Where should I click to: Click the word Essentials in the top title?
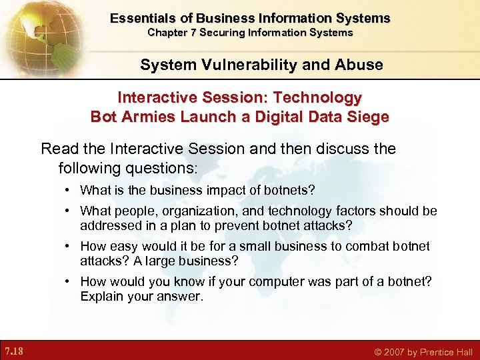pos(138,18)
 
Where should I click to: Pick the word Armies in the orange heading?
pos(143,116)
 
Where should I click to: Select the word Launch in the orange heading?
pos(198,116)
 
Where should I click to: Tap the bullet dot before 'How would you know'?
pos(69,282)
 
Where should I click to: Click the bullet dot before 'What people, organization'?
pos(69,211)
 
